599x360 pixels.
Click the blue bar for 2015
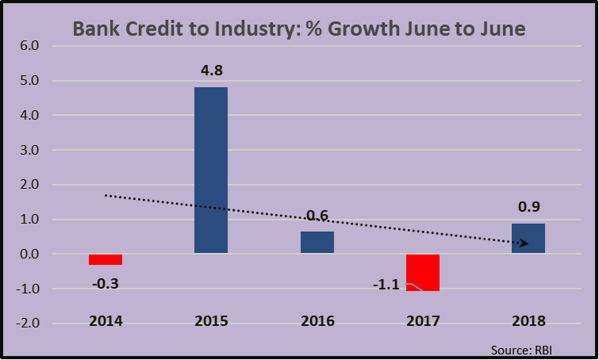pyautogui.click(x=211, y=170)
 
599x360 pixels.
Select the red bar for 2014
pyautogui.click(x=106, y=259)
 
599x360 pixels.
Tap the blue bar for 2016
pyautogui.click(x=317, y=243)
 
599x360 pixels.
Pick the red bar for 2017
pyautogui.click(x=422, y=272)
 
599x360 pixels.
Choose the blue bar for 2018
pyautogui.click(x=528, y=239)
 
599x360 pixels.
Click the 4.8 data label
pyautogui.click(x=211, y=72)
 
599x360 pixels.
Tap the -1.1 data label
pyautogui.click(x=388, y=284)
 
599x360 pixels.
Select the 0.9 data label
pyautogui.click(x=528, y=209)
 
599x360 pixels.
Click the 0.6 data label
pyautogui.click(x=317, y=216)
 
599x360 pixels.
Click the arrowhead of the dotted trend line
pyautogui.click(x=524, y=243)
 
